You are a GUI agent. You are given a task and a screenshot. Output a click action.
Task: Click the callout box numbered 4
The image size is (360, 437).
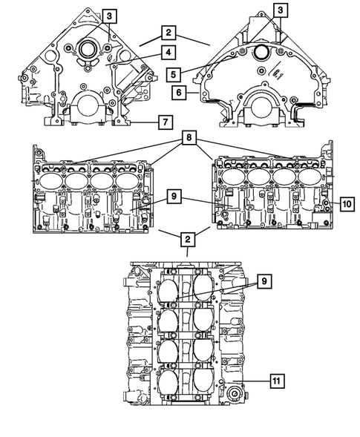pos(170,52)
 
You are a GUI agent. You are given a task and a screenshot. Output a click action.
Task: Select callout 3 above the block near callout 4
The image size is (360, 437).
pos(109,16)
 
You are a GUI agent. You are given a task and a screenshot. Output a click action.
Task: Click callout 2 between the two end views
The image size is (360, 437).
pos(170,33)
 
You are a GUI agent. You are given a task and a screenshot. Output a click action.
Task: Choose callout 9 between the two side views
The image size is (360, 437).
pos(171,197)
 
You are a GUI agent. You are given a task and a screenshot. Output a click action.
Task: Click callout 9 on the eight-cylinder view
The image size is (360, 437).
pos(264,281)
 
